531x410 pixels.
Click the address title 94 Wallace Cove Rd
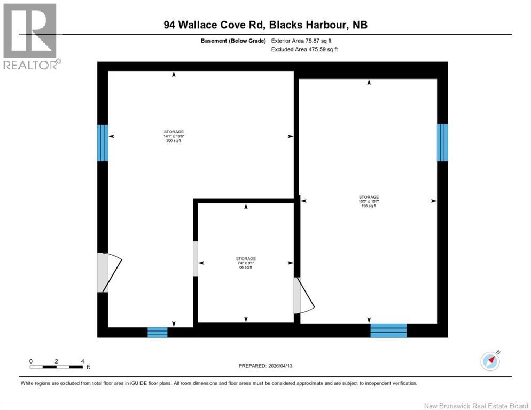pyautogui.click(x=265, y=25)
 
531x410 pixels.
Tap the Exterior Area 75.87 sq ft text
pyautogui.click(x=304, y=41)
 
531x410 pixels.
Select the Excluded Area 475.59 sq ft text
pyautogui.click(x=304, y=49)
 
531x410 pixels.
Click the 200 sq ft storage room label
pyautogui.click(x=174, y=136)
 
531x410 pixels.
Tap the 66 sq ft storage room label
pyautogui.click(x=246, y=263)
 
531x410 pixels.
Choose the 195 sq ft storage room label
pyautogui.click(x=369, y=201)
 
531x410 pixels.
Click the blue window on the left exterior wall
pyautogui.click(x=103, y=143)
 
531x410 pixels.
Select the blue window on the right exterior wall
pyautogui.click(x=442, y=142)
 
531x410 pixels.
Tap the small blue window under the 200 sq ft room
pyautogui.click(x=158, y=332)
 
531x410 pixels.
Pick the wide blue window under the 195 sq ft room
pyautogui.click(x=388, y=330)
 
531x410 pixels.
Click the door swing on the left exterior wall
pyautogui.click(x=110, y=272)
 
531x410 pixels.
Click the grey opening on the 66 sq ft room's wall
pyautogui.click(x=196, y=259)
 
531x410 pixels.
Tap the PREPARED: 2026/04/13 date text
pyautogui.click(x=265, y=366)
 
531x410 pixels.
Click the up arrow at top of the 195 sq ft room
pyautogui.click(x=369, y=83)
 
